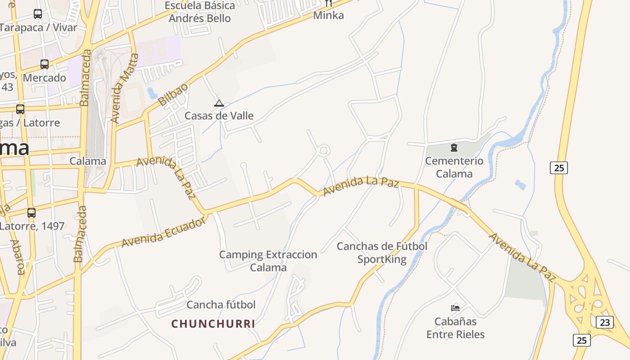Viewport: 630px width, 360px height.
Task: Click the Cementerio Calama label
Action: (454, 167)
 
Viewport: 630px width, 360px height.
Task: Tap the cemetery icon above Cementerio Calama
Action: (454, 147)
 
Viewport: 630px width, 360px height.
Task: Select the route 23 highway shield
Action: (604, 322)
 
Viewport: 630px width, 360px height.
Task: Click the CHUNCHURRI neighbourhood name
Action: (213, 324)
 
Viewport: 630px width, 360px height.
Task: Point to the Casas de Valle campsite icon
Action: (219, 103)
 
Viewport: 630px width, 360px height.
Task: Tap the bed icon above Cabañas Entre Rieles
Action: (455, 308)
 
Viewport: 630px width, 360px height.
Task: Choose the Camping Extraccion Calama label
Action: (268, 261)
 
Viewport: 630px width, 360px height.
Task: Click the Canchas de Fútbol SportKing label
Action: (382, 253)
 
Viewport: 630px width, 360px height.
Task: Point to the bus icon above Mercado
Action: (45, 64)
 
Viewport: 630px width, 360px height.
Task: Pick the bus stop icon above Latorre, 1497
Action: (31, 213)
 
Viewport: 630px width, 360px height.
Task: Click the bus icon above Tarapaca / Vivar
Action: (38, 14)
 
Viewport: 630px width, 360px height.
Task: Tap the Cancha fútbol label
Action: (221, 305)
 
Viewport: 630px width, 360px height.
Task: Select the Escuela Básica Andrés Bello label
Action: (200, 12)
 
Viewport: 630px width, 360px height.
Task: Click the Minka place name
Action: (328, 15)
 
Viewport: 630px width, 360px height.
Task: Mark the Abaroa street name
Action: (18, 257)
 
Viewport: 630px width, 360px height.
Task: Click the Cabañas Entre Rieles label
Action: (455, 328)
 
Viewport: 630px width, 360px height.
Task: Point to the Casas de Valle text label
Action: (219, 116)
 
